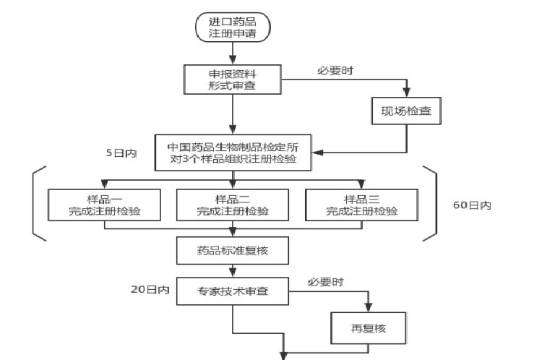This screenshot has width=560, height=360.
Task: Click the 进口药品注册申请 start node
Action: [x=233, y=27]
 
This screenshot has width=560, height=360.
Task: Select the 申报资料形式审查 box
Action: [x=233, y=79]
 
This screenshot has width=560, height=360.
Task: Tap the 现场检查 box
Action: [x=405, y=111]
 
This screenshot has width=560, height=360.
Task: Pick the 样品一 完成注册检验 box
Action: [x=104, y=205]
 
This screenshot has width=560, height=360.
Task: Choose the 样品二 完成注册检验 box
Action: [x=233, y=205]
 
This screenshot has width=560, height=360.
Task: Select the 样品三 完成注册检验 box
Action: [x=361, y=205]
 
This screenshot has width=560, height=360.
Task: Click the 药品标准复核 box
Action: [x=233, y=250]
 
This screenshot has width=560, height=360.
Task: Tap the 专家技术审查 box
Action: [x=233, y=292]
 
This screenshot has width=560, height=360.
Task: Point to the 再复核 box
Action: [x=369, y=327]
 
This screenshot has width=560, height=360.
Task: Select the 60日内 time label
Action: [x=472, y=205]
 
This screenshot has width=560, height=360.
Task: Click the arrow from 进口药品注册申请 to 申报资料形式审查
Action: [x=233, y=52]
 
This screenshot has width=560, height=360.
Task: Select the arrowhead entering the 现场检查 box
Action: [x=405, y=93]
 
